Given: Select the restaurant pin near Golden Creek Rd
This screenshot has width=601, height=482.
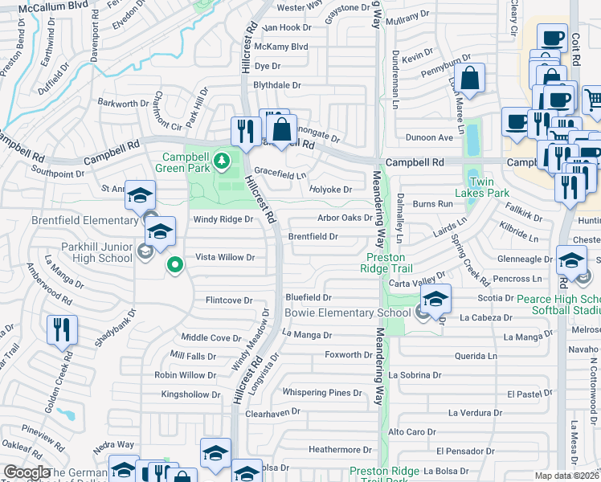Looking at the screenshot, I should pos(62,328).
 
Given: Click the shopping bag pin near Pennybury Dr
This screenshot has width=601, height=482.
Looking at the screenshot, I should pos(471,79).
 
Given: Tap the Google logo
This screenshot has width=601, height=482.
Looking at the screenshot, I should pos(27,472).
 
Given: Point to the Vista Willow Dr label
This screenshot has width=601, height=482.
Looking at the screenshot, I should pos(225,257).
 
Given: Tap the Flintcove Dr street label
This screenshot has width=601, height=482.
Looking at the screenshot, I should pos(230,300).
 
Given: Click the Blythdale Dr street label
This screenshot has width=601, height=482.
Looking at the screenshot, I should pos(276,84).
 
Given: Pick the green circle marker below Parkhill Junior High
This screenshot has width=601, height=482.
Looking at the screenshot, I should pos(174,263).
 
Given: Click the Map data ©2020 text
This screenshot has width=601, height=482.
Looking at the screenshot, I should pos(567,476).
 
